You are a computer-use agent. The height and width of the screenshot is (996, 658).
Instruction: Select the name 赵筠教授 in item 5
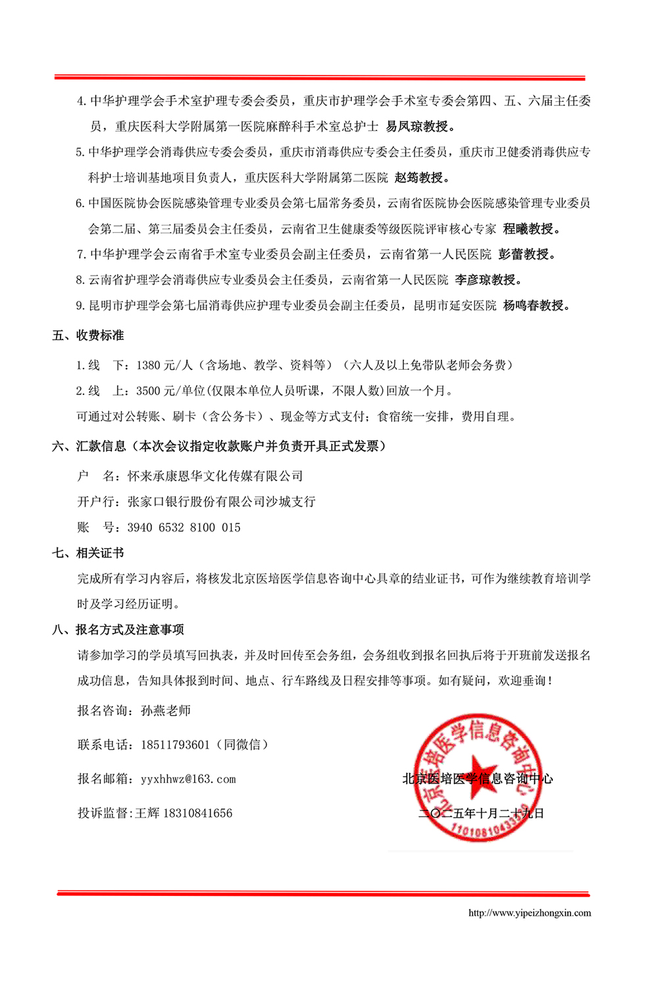(x=422, y=178)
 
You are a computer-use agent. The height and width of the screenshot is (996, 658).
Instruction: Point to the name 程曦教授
(x=531, y=229)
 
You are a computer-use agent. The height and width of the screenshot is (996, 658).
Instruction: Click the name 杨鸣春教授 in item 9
(x=536, y=306)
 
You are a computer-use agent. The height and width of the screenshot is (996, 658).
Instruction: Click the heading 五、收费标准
(x=88, y=336)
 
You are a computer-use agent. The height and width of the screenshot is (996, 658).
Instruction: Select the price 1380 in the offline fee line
(x=149, y=366)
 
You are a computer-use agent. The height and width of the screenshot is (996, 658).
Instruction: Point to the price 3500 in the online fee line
(x=149, y=391)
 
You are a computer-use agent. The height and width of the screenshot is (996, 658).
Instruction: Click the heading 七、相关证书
(x=88, y=553)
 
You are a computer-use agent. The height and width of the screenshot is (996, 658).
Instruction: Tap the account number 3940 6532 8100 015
(x=184, y=528)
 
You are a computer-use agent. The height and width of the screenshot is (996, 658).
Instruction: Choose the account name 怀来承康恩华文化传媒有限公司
(x=215, y=476)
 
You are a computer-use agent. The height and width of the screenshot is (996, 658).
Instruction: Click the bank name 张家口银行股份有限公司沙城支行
(x=221, y=502)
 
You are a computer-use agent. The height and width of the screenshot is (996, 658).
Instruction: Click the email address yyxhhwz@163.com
(x=188, y=780)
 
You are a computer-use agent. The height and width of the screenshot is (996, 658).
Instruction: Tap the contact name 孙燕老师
(x=166, y=711)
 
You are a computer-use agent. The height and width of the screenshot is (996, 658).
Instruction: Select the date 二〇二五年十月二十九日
(x=481, y=814)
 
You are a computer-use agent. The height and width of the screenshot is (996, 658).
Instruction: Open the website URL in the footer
(x=530, y=913)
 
